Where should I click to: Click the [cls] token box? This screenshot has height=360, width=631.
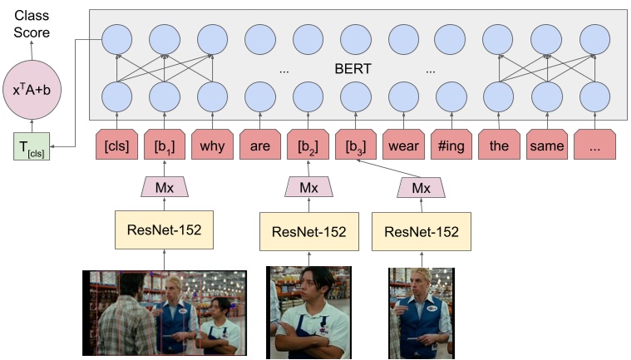(117, 146)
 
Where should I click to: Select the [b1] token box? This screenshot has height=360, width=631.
(165, 146)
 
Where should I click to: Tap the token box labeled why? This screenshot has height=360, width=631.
(212, 146)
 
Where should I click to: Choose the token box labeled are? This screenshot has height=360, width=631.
(260, 146)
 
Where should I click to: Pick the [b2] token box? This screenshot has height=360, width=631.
(308, 146)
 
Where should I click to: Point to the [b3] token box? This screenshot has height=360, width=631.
(355, 146)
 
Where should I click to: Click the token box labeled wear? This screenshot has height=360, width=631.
(403, 146)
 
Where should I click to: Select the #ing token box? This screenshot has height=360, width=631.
(451, 146)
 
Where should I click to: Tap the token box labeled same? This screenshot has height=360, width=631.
(545, 146)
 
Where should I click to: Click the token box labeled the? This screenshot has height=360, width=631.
(498, 146)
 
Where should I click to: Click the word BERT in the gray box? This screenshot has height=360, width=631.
(356, 70)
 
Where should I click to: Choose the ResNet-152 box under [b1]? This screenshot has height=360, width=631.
(165, 229)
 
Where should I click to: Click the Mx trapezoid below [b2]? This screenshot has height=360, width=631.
(308, 188)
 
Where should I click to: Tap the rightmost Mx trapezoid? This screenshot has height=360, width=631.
(421, 188)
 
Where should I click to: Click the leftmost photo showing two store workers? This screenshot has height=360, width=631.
(165, 312)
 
